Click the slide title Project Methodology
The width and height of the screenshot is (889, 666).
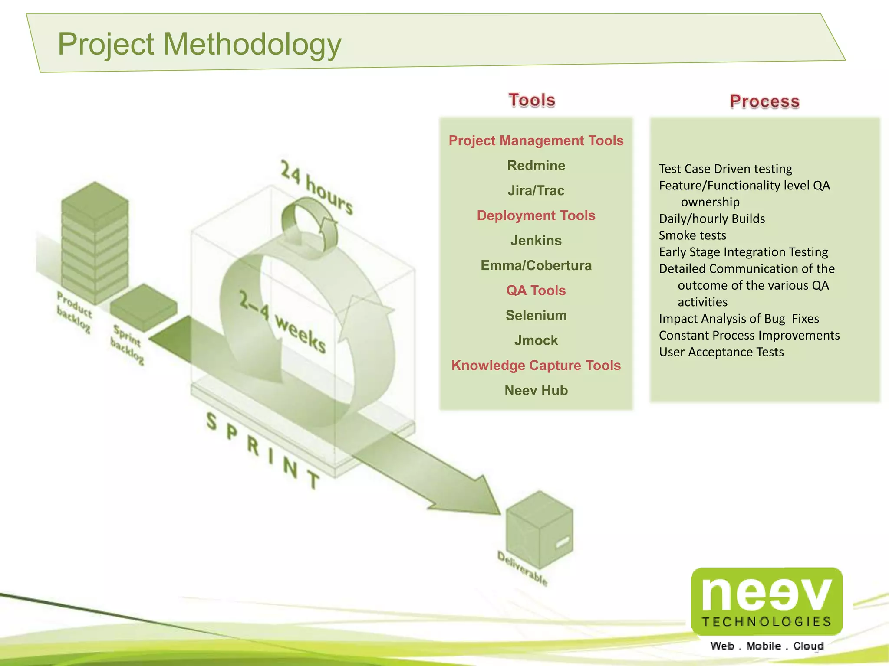(199, 44)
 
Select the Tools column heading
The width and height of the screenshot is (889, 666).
(532, 100)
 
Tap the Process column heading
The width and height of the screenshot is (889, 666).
(764, 101)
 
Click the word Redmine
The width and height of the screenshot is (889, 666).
(536, 166)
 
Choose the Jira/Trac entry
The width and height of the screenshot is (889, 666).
(536, 190)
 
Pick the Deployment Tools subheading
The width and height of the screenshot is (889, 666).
(536, 215)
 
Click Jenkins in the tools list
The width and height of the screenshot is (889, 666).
(536, 240)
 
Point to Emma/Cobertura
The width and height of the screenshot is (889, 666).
(536, 265)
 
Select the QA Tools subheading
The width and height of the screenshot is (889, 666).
(536, 290)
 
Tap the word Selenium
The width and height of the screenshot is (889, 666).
(536, 315)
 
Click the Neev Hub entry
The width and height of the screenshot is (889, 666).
(536, 390)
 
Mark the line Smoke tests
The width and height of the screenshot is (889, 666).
(692, 235)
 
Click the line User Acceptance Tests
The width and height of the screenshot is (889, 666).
(721, 352)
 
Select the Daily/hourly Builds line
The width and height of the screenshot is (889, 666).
(712, 219)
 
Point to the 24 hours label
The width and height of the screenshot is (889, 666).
(316, 187)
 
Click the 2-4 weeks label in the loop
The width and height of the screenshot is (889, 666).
(282, 322)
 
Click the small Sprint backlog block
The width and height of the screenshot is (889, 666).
(143, 307)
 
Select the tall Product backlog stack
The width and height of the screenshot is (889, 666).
(95, 243)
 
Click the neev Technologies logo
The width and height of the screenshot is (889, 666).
(766, 603)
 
